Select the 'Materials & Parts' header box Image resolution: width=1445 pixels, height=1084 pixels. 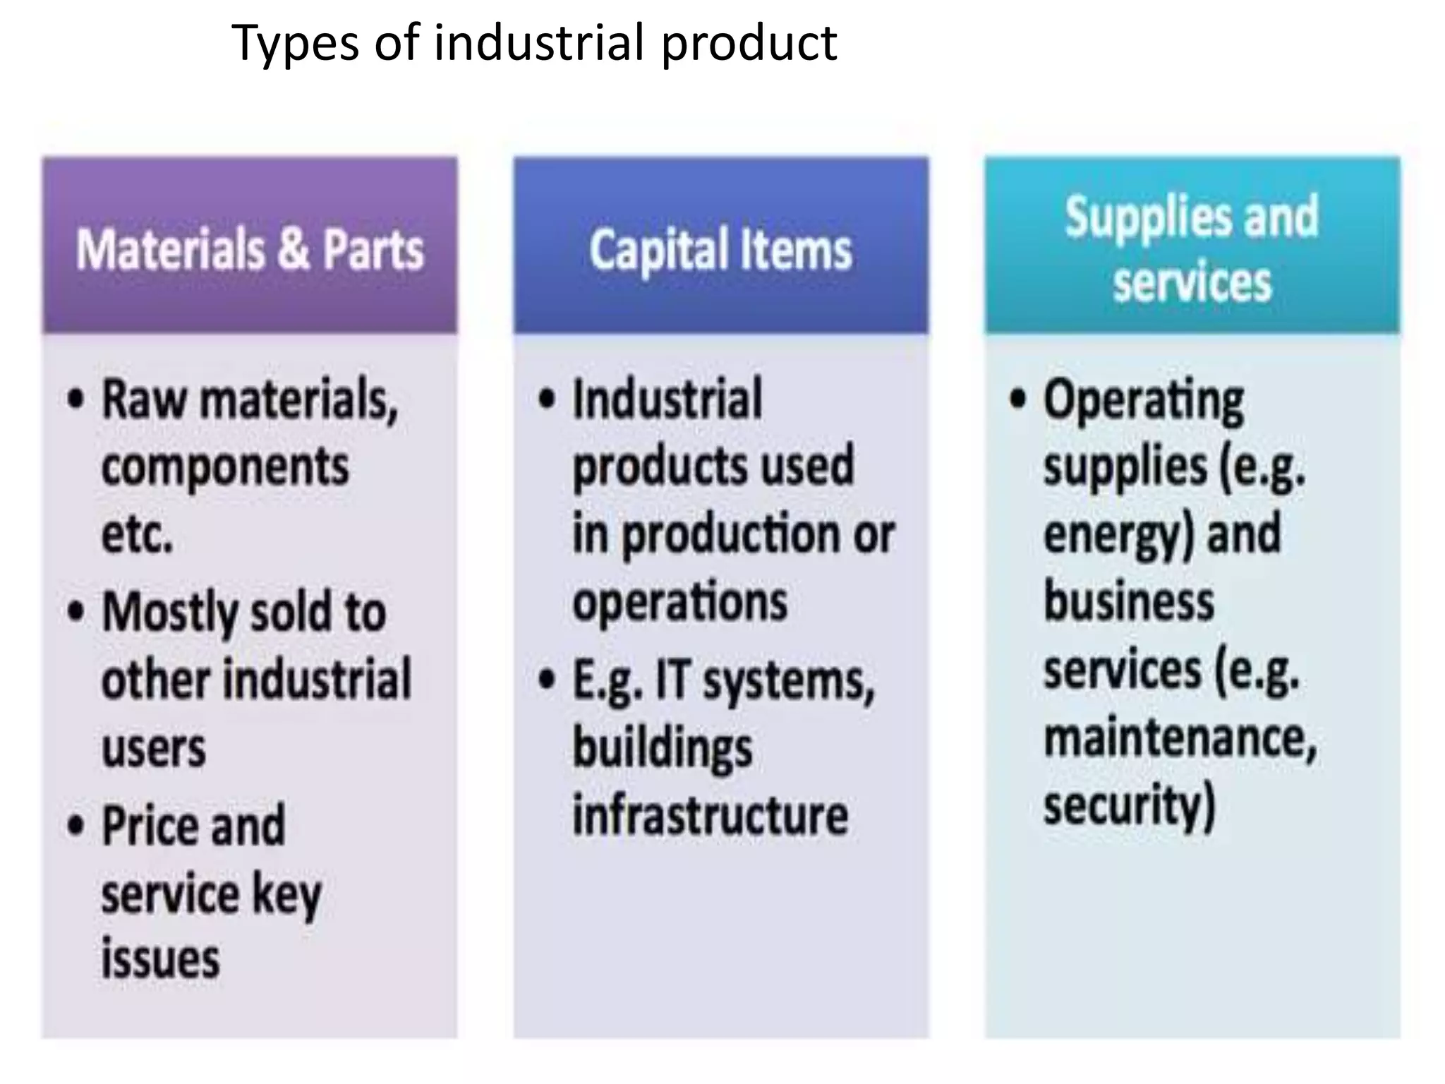250,245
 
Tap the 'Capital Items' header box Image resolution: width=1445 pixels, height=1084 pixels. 720,245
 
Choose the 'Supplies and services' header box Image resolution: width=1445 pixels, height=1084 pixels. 1192,245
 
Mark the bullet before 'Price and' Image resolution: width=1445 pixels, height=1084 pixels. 75,825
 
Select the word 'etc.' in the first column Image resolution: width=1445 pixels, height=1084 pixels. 137,535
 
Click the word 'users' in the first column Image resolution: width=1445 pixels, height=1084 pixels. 154,749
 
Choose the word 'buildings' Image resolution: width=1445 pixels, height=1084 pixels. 663,749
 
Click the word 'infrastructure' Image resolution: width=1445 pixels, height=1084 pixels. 710,815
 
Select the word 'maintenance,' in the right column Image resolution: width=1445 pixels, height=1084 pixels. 1180,740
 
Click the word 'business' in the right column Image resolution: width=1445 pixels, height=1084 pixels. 1129,602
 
